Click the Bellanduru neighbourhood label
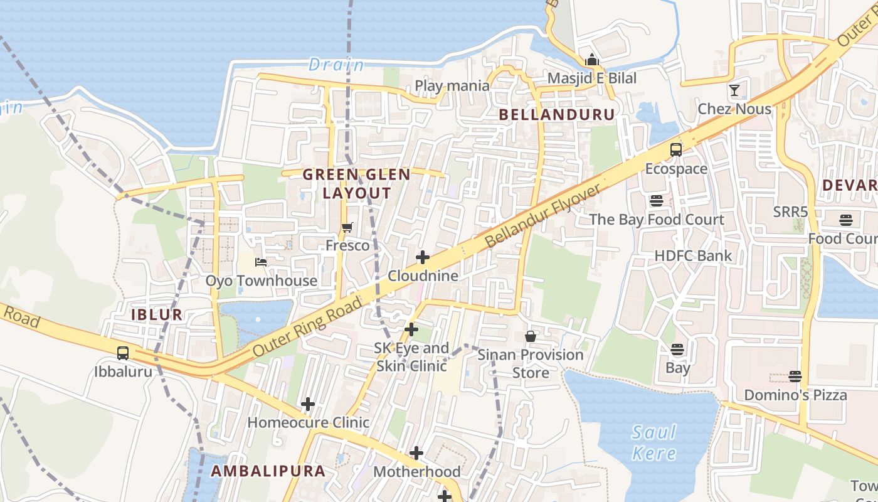pyautogui.click(x=557, y=114)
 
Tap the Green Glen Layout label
pyautogui.click(x=357, y=184)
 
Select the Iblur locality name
pyautogui.click(x=157, y=314)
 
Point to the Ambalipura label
pyautogui.click(x=268, y=471)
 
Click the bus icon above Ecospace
pyautogui.click(x=676, y=150)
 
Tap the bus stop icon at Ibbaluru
pyautogui.click(x=123, y=353)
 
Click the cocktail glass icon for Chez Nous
pyautogui.click(x=734, y=90)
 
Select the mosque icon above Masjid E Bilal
pyautogui.click(x=591, y=60)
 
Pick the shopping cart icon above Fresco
pyautogui.click(x=347, y=227)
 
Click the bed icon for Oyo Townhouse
pyautogui.click(x=261, y=262)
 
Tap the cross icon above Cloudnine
pyautogui.click(x=423, y=257)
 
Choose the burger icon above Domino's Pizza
pyautogui.click(x=795, y=376)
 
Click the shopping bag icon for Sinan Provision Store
pyautogui.click(x=531, y=336)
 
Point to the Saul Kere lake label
pyautogui.click(x=654, y=442)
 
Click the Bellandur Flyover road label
pyautogui.click(x=543, y=215)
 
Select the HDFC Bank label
pyautogui.click(x=693, y=255)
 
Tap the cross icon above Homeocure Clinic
pyautogui.click(x=307, y=404)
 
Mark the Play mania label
pyautogui.click(x=452, y=85)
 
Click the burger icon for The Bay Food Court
pyautogui.click(x=656, y=201)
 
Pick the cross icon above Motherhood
pyautogui.click(x=416, y=453)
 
